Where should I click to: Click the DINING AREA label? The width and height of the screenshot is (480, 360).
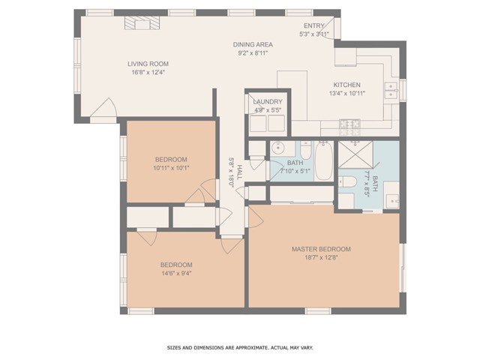click(253, 45)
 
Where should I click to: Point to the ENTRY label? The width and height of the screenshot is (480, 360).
click(314, 25)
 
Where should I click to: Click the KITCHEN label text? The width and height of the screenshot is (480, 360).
click(346, 85)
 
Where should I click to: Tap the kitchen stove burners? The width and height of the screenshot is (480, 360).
click(350, 124)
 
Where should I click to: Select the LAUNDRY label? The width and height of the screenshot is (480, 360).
click(268, 101)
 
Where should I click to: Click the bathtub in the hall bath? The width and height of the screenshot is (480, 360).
click(323, 160)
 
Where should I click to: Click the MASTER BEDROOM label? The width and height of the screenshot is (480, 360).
click(321, 249)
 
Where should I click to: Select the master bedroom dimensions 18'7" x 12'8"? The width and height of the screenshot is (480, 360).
click(321, 258)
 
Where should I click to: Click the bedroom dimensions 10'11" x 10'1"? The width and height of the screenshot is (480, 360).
click(171, 168)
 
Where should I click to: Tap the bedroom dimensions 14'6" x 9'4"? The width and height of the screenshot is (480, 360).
click(176, 274)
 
